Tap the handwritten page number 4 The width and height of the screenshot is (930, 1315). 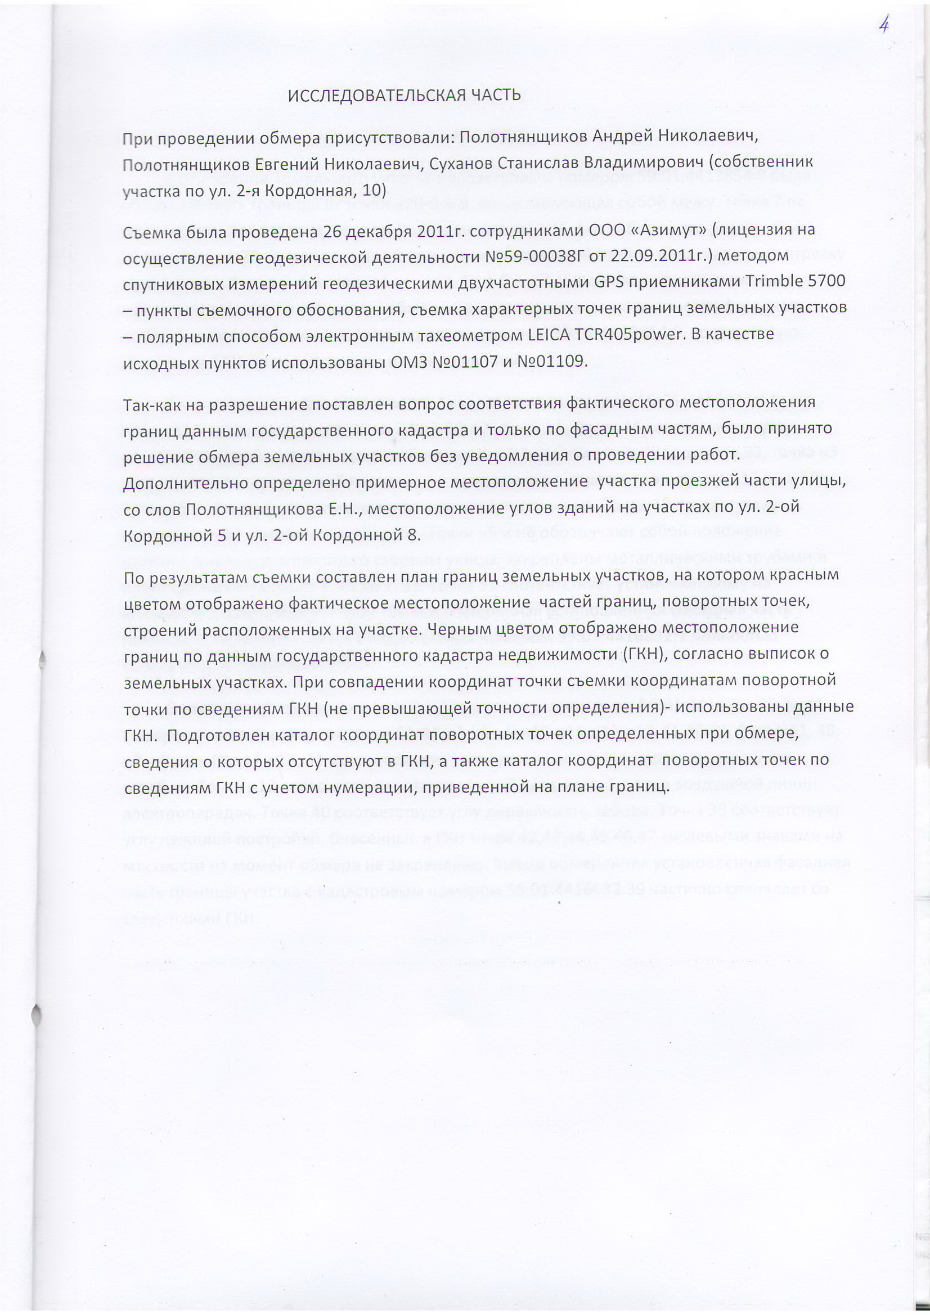click(x=885, y=26)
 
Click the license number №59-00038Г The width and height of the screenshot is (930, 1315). click(x=534, y=256)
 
